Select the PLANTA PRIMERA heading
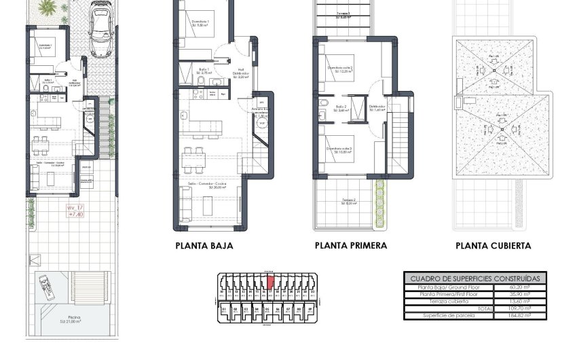[351, 245]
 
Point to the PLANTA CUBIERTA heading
[494, 246]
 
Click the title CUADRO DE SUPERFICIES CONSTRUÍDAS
[476, 278]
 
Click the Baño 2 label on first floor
[341, 107]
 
